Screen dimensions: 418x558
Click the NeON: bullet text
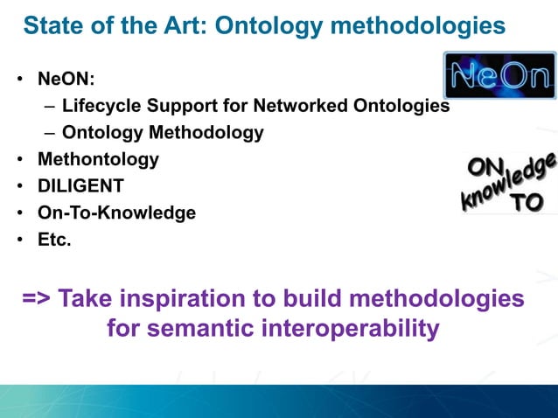tap(66, 80)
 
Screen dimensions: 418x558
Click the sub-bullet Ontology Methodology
tap(163, 133)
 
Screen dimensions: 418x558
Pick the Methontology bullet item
tap(98, 159)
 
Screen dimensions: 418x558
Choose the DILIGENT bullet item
tap(80, 185)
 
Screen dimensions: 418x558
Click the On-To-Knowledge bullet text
tap(116, 212)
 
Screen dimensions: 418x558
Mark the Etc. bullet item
tap(54, 239)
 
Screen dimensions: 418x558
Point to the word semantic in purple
tap(206, 329)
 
